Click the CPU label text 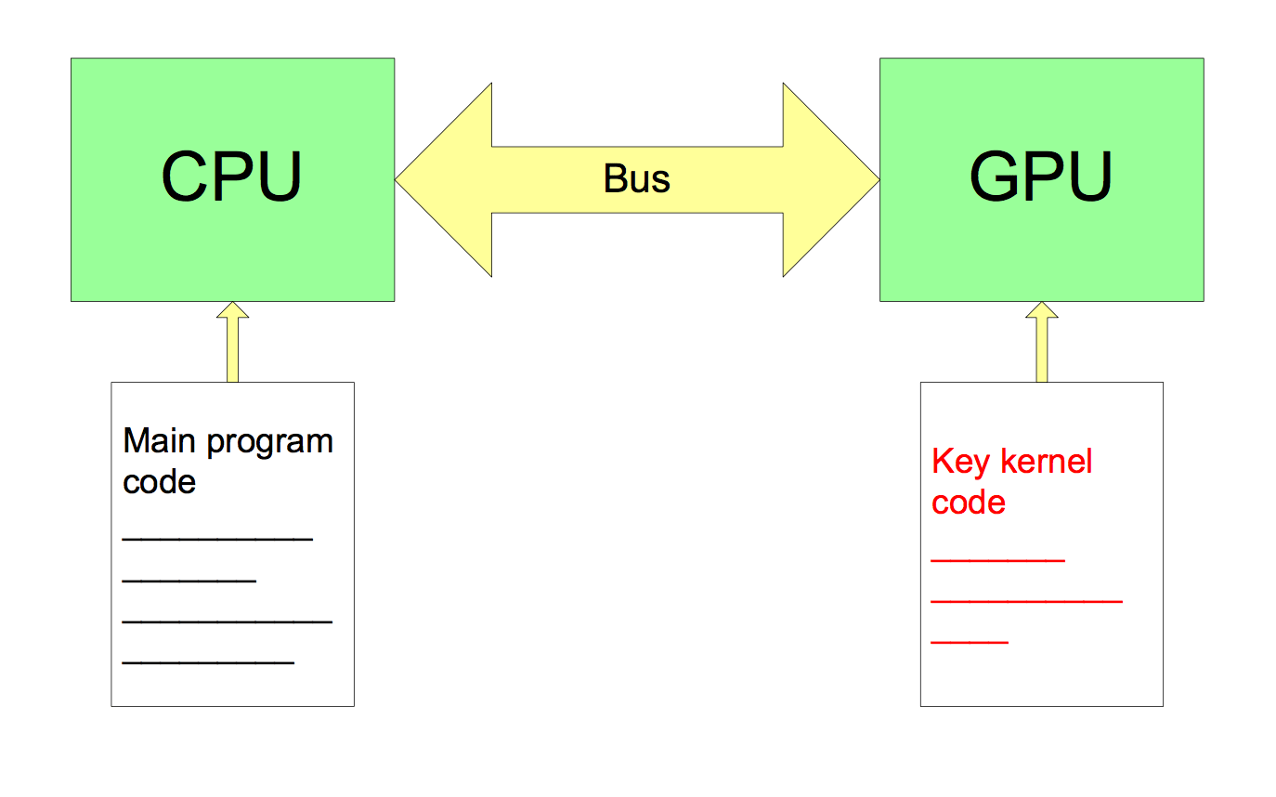[x=232, y=176]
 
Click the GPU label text [x=1041, y=176]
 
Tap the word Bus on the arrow [x=637, y=178]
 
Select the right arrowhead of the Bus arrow [x=830, y=179]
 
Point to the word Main [x=160, y=440]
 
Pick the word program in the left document [x=269, y=442]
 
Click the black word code [x=159, y=482]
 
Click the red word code [x=969, y=503]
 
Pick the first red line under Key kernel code [x=997, y=560]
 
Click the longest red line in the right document [x=1026, y=602]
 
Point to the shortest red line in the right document [x=970, y=643]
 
